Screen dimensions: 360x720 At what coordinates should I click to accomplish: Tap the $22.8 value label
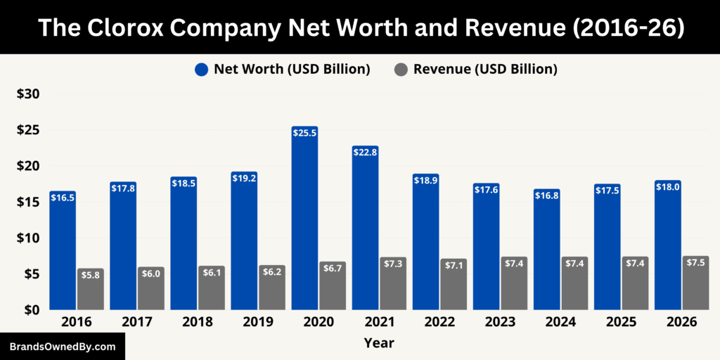365,153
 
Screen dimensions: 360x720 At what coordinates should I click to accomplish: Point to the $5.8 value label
91,275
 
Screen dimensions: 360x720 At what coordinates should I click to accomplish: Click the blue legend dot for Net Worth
202,69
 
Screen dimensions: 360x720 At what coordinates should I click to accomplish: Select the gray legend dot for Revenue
401,69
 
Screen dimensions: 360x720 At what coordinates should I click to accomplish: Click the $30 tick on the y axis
28,94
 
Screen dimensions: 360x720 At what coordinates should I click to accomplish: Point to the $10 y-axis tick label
28,238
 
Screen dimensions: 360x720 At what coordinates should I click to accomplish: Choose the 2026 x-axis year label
682,322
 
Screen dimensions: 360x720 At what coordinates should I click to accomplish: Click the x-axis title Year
379,343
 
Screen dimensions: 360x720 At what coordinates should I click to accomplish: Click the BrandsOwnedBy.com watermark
62,347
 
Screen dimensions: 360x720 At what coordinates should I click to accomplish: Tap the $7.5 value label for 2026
695,262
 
